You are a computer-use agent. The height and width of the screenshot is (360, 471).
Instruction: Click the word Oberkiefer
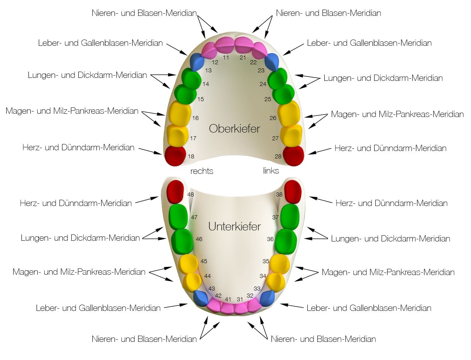tap(234, 128)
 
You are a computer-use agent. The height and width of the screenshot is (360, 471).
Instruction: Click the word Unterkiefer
tap(234, 226)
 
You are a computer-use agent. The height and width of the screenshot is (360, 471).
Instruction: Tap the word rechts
tap(202, 171)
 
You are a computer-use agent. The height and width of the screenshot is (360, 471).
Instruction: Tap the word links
tap(271, 171)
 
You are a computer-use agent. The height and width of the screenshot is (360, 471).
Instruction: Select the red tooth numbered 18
tap(175, 155)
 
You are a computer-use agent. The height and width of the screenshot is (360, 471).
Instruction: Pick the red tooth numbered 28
tap(293, 155)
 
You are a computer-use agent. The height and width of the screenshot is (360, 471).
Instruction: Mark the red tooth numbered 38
tap(293, 191)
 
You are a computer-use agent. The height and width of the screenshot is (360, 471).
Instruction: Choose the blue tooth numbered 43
tap(201, 298)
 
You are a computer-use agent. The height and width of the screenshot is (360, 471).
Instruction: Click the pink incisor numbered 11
tap(225, 45)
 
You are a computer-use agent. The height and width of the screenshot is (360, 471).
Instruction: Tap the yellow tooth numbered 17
tap(177, 136)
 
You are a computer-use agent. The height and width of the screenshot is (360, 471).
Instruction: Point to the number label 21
tap(243, 57)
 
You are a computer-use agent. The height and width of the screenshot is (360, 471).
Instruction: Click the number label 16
tap(195, 118)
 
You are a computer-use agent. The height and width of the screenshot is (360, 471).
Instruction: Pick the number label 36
tap(270, 239)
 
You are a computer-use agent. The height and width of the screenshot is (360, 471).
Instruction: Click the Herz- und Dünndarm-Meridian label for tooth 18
tap(78, 147)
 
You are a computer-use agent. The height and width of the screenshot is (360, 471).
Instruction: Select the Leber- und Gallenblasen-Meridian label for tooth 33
tap(369, 308)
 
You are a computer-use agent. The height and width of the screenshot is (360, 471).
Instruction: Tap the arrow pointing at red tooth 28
tap(320, 151)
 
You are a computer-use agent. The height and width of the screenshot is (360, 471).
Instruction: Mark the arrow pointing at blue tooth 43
tap(176, 306)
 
